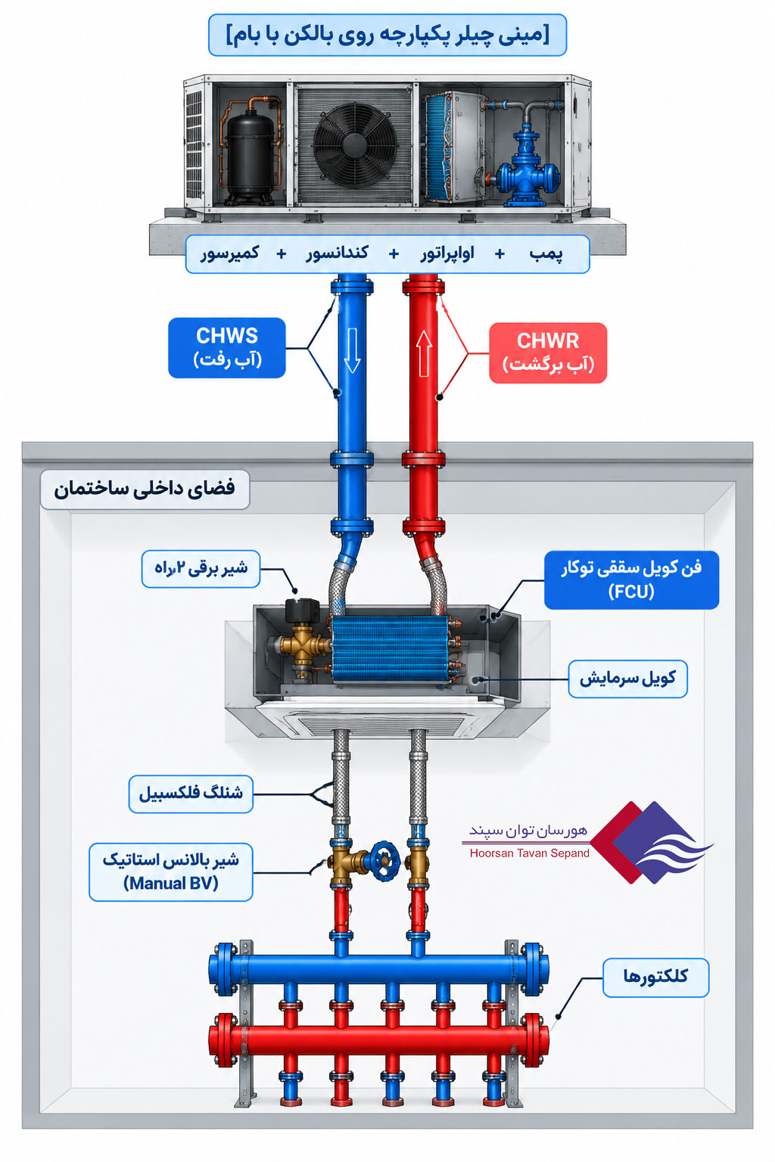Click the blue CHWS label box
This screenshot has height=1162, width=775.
click(x=227, y=347)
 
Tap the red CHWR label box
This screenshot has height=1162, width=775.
click(x=548, y=353)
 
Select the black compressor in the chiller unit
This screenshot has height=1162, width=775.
click(x=251, y=154)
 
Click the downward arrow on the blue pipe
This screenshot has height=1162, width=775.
click(x=352, y=350)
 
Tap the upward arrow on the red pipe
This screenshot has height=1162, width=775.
click(x=424, y=353)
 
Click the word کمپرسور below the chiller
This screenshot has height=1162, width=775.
click(x=230, y=253)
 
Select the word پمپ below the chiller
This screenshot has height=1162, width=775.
click(x=546, y=254)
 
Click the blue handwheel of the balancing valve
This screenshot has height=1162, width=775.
click(x=384, y=861)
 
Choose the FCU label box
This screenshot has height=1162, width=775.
click(x=631, y=579)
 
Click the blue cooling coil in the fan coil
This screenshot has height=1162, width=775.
click(x=389, y=649)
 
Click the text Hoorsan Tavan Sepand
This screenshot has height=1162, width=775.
click(x=530, y=853)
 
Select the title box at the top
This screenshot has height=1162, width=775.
click(x=387, y=35)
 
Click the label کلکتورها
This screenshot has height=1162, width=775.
click(x=655, y=977)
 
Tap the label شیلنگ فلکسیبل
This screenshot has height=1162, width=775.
click(x=191, y=794)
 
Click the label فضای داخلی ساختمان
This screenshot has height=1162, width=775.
click(x=145, y=489)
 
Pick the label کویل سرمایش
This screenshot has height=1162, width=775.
click(x=627, y=679)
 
